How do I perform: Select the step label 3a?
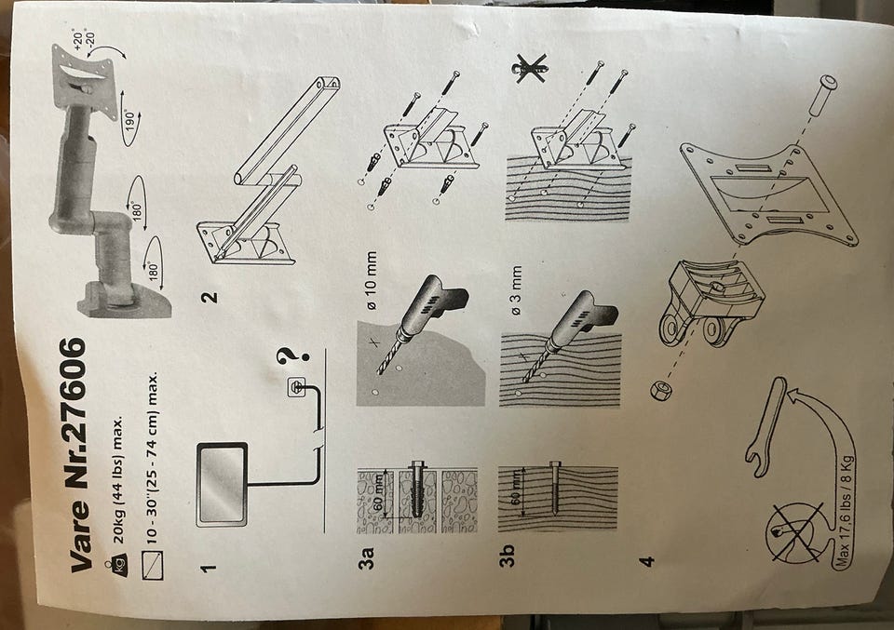click(365, 557)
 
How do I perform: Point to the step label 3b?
click(507, 556)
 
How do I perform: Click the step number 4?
click(646, 562)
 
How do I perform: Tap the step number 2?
click(210, 297)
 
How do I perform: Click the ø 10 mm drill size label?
click(370, 280)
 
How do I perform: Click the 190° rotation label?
click(130, 121)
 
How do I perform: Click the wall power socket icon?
click(296, 388)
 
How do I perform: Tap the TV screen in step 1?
click(222, 484)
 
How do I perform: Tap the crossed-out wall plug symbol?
click(531, 68)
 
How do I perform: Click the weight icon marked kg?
click(120, 565)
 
